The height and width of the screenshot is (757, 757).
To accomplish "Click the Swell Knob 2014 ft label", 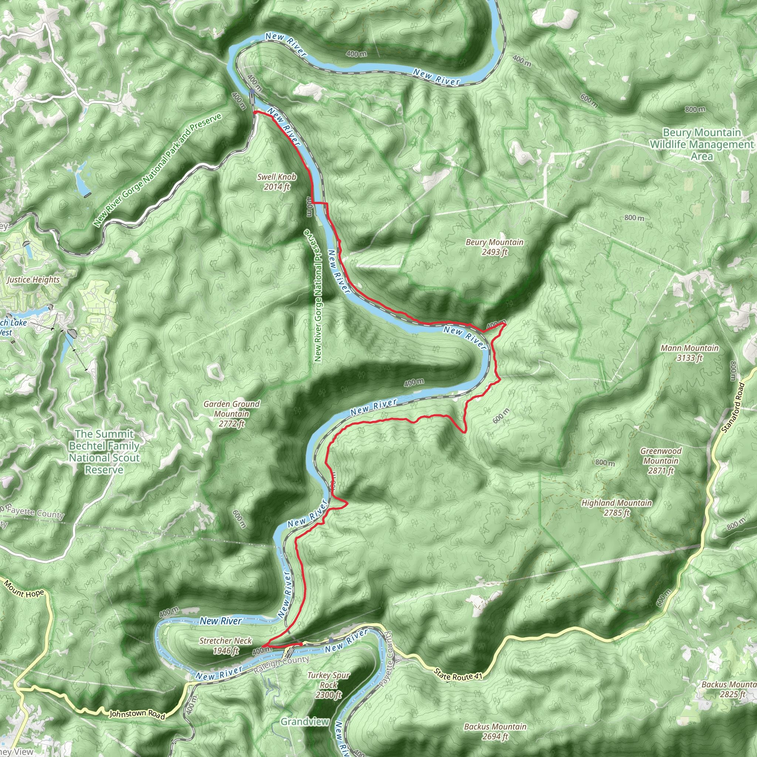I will pos(276,182).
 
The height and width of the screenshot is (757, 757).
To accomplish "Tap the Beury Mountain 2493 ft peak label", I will pos(495,247).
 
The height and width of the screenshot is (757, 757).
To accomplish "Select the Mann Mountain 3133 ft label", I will pos(690,353).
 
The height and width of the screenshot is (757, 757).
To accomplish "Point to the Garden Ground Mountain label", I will pos(231,413).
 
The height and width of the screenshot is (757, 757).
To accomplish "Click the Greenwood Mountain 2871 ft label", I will pos(661,461).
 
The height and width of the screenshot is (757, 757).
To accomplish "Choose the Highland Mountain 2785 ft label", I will pos(617,508).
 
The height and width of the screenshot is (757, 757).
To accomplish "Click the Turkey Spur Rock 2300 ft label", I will pos(328,685).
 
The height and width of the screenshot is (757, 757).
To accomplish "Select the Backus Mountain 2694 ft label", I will pos(495,731).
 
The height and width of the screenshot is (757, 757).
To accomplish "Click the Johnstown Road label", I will pos(137,714).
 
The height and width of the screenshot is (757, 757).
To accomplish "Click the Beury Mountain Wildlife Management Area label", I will pos(701,144).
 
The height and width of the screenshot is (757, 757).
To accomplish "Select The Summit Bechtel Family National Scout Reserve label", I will pos(104,451).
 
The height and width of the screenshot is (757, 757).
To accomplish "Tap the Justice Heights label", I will pos(33,280).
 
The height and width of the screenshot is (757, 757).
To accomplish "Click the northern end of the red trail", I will pos(255,112).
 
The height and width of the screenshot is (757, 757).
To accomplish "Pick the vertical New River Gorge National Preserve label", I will pos(318,296).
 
